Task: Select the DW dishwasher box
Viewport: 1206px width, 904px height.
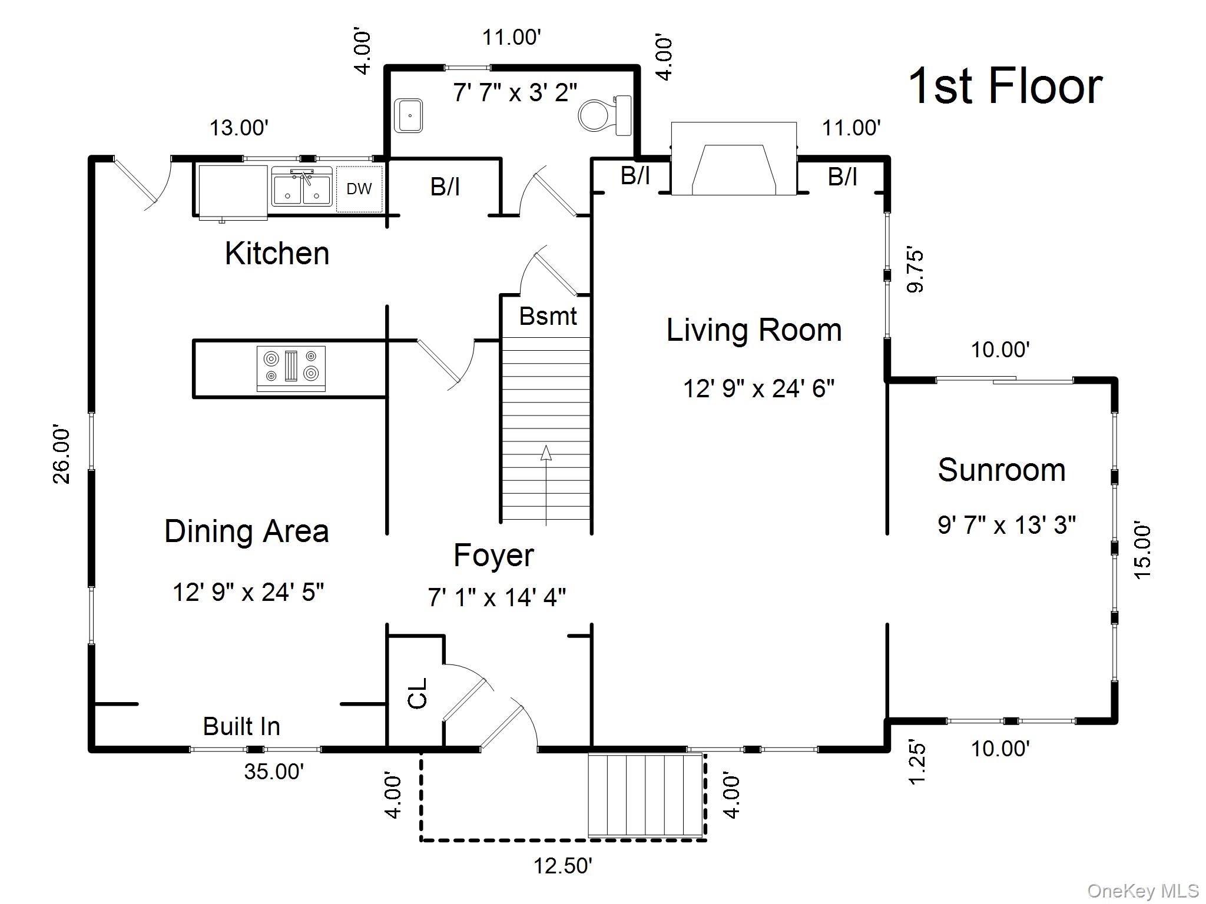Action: pos(359,189)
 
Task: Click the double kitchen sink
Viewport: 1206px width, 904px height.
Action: pos(301,187)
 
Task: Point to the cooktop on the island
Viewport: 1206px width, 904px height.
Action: pos(291,368)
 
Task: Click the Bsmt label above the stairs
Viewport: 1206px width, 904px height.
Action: pos(548,317)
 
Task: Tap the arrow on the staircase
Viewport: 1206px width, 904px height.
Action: pos(546,453)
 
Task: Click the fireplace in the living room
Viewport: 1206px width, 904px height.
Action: pos(734,159)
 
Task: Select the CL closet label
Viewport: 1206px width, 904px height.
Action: pos(417,693)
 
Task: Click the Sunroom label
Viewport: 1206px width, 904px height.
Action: pos(1001,470)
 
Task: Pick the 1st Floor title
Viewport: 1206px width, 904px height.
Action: pos(1005,87)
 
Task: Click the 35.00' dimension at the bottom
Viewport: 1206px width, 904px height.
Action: pos(274,771)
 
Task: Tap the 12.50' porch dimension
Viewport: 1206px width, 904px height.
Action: pos(562,866)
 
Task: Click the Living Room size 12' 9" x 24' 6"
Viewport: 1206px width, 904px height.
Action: pos(758,388)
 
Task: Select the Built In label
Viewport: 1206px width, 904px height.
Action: pos(241,726)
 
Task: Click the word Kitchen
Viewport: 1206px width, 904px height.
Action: pos(277,254)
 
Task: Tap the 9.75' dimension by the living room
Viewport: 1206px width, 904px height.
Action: pos(915,271)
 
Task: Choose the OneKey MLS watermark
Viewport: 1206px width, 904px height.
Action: pos(1142,890)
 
